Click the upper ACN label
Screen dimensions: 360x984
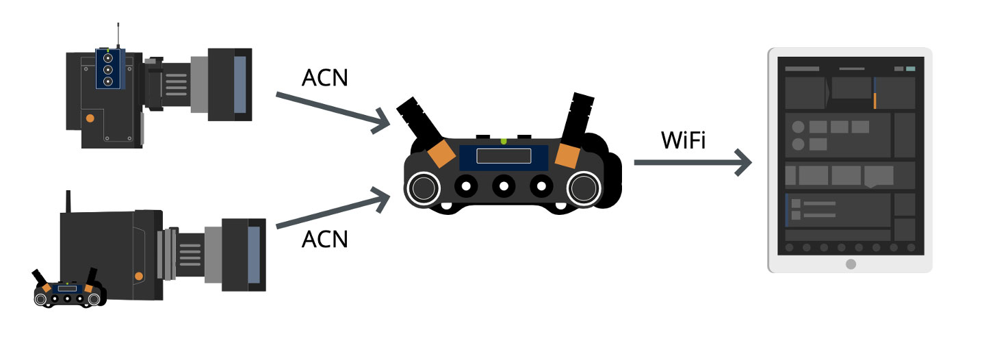point(324,78)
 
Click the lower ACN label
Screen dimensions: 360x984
point(324,239)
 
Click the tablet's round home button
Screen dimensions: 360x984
point(850,263)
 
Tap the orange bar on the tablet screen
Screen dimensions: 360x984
point(875,101)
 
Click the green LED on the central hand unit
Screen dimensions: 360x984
point(504,141)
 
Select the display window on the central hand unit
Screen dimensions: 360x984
point(504,156)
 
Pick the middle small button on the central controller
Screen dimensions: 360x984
point(504,185)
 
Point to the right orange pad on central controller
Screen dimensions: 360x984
point(568,155)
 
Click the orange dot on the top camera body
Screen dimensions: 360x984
point(90,118)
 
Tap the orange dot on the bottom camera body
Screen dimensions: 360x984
point(139,276)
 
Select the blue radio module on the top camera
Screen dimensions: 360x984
point(107,68)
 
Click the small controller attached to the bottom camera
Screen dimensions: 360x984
point(68,291)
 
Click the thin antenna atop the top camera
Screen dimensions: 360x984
point(118,34)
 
